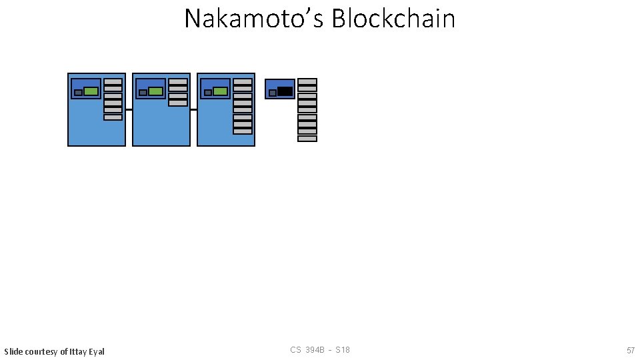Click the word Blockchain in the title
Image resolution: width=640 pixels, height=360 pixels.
point(393,19)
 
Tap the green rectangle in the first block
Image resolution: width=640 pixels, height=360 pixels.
point(91,91)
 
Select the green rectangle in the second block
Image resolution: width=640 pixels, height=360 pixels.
point(155,91)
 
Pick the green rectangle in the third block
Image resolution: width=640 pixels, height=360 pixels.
point(220,91)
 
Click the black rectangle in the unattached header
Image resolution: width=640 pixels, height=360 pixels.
point(285,91)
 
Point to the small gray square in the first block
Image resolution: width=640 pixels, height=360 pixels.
point(78,93)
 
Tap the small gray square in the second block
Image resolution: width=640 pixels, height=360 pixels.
point(143,93)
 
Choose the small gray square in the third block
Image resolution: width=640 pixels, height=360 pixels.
point(207,93)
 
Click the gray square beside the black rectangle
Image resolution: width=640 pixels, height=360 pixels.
point(272,93)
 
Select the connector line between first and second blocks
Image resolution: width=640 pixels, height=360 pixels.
point(129,109)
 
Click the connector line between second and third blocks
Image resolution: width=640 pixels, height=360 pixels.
point(193,109)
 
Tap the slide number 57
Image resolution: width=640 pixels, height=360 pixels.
point(630,351)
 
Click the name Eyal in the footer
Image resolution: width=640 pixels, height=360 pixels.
point(96,351)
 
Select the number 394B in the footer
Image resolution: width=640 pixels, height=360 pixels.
point(316,350)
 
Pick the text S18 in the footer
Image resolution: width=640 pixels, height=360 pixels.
point(343,350)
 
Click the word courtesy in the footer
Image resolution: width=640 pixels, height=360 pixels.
point(41,351)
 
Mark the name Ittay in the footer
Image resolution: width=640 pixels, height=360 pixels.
point(77,351)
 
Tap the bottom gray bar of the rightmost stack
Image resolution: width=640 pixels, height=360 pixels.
point(307,139)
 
